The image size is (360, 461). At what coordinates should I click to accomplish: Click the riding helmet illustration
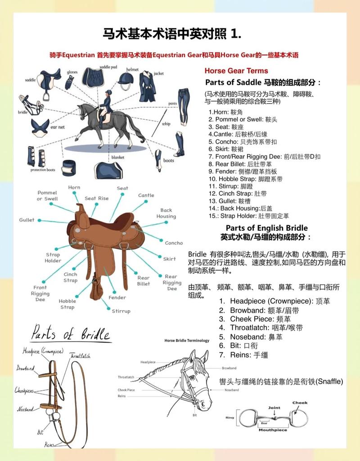tap(126, 81)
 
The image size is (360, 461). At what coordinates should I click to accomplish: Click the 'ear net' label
tap(57, 127)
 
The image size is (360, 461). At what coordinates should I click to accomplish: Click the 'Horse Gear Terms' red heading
tap(236, 71)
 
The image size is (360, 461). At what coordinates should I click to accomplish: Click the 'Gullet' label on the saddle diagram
tap(27, 220)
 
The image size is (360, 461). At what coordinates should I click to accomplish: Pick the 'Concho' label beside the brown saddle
tap(174, 243)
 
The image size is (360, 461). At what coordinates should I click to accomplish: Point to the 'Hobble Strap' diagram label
tap(67, 304)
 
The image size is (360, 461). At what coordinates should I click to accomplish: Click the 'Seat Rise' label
tap(97, 199)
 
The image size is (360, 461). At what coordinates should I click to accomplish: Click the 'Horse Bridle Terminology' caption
tap(187, 341)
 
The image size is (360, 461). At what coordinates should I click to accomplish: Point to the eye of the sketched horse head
tap(192, 377)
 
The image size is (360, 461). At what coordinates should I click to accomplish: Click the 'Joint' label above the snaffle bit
tap(274, 408)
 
